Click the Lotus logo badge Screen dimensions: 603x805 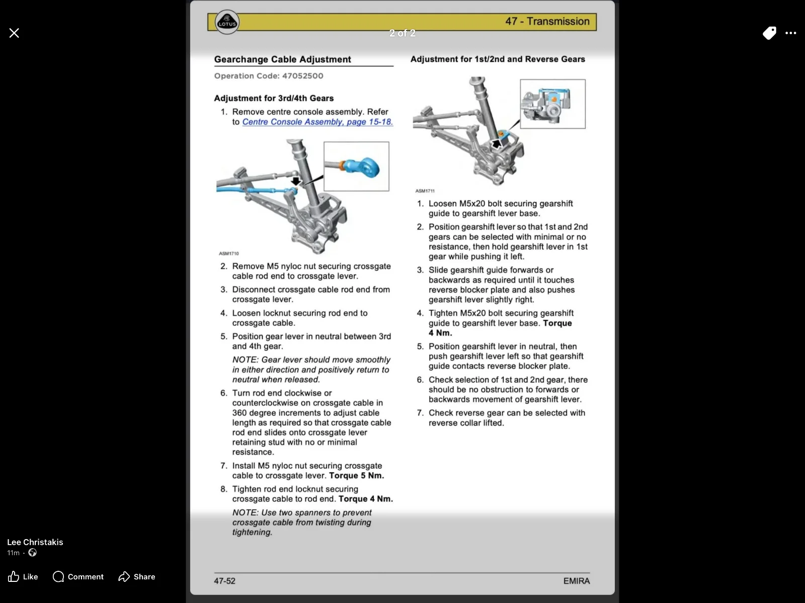[227, 23]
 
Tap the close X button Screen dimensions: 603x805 [14, 33]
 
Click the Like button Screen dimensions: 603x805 [23, 576]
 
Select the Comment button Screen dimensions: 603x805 [78, 576]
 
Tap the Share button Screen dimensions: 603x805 [137, 576]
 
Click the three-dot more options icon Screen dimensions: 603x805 [791, 33]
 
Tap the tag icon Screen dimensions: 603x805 [769, 33]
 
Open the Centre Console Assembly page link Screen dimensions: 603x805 [317, 122]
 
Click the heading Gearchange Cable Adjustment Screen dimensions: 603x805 [282, 59]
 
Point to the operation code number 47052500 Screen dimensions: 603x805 [302, 76]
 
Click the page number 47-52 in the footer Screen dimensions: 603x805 [224, 581]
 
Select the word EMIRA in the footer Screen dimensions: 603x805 [576, 581]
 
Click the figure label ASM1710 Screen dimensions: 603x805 [229, 253]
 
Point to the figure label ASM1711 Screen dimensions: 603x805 [425, 191]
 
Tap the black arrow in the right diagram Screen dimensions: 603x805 [497, 144]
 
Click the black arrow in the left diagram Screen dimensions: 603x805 [295, 181]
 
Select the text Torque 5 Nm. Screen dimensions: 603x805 [356, 476]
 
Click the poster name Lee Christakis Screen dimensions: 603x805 [35, 542]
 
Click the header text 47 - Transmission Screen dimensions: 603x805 [547, 22]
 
